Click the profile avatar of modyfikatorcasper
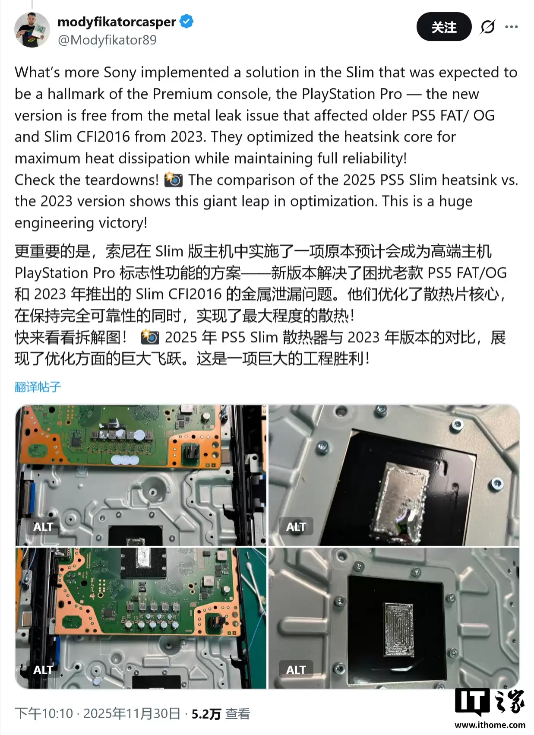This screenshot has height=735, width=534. (x=32, y=30)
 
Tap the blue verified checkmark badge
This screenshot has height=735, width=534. (x=186, y=22)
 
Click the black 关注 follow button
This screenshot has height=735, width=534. (x=443, y=27)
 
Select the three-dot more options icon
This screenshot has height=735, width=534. (x=511, y=27)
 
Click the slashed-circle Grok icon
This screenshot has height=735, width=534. (x=488, y=27)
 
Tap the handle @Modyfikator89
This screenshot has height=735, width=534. (x=107, y=40)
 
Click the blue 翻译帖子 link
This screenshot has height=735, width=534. (x=38, y=387)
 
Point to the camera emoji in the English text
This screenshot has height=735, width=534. (x=174, y=180)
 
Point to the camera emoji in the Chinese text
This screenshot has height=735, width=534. (x=150, y=337)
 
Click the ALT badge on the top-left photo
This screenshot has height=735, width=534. (x=43, y=527)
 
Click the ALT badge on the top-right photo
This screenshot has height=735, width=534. (x=296, y=527)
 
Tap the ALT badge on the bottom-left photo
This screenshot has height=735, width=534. (x=43, y=670)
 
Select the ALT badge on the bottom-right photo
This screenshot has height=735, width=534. (x=296, y=670)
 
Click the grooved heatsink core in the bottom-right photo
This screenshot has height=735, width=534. (x=399, y=630)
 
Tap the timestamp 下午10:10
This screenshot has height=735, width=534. (x=44, y=713)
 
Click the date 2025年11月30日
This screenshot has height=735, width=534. (x=132, y=713)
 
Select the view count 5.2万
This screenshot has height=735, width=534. (x=206, y=714)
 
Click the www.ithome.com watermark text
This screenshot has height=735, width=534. (x=490, y=725)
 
